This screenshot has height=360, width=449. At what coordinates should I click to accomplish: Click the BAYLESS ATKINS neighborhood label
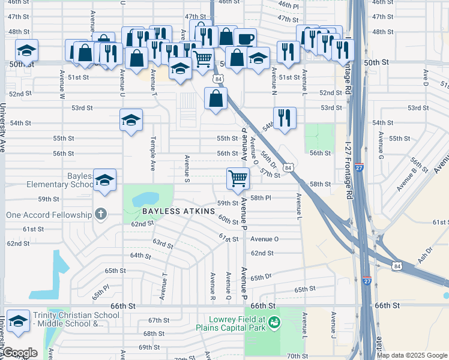(178, 211)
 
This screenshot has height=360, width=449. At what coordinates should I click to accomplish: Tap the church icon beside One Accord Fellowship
(101, 214)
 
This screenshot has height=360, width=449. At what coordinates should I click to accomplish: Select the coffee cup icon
(245, 40)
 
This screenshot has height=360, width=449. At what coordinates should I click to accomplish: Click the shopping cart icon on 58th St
(238, 178)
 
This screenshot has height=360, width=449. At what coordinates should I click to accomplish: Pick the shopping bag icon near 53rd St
(215, 98)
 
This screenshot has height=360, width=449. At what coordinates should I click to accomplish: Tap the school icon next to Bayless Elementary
(104, 180)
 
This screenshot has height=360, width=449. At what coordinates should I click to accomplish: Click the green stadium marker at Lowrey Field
(274, 323)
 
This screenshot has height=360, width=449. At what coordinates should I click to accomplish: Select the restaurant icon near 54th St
(285, 117)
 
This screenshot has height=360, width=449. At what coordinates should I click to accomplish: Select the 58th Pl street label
(261, 197)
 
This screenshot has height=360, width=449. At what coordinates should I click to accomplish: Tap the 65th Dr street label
(262, 278)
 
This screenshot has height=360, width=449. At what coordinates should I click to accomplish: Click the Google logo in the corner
(20, 353)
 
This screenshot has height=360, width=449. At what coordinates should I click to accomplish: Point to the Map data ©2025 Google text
(412, 355)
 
